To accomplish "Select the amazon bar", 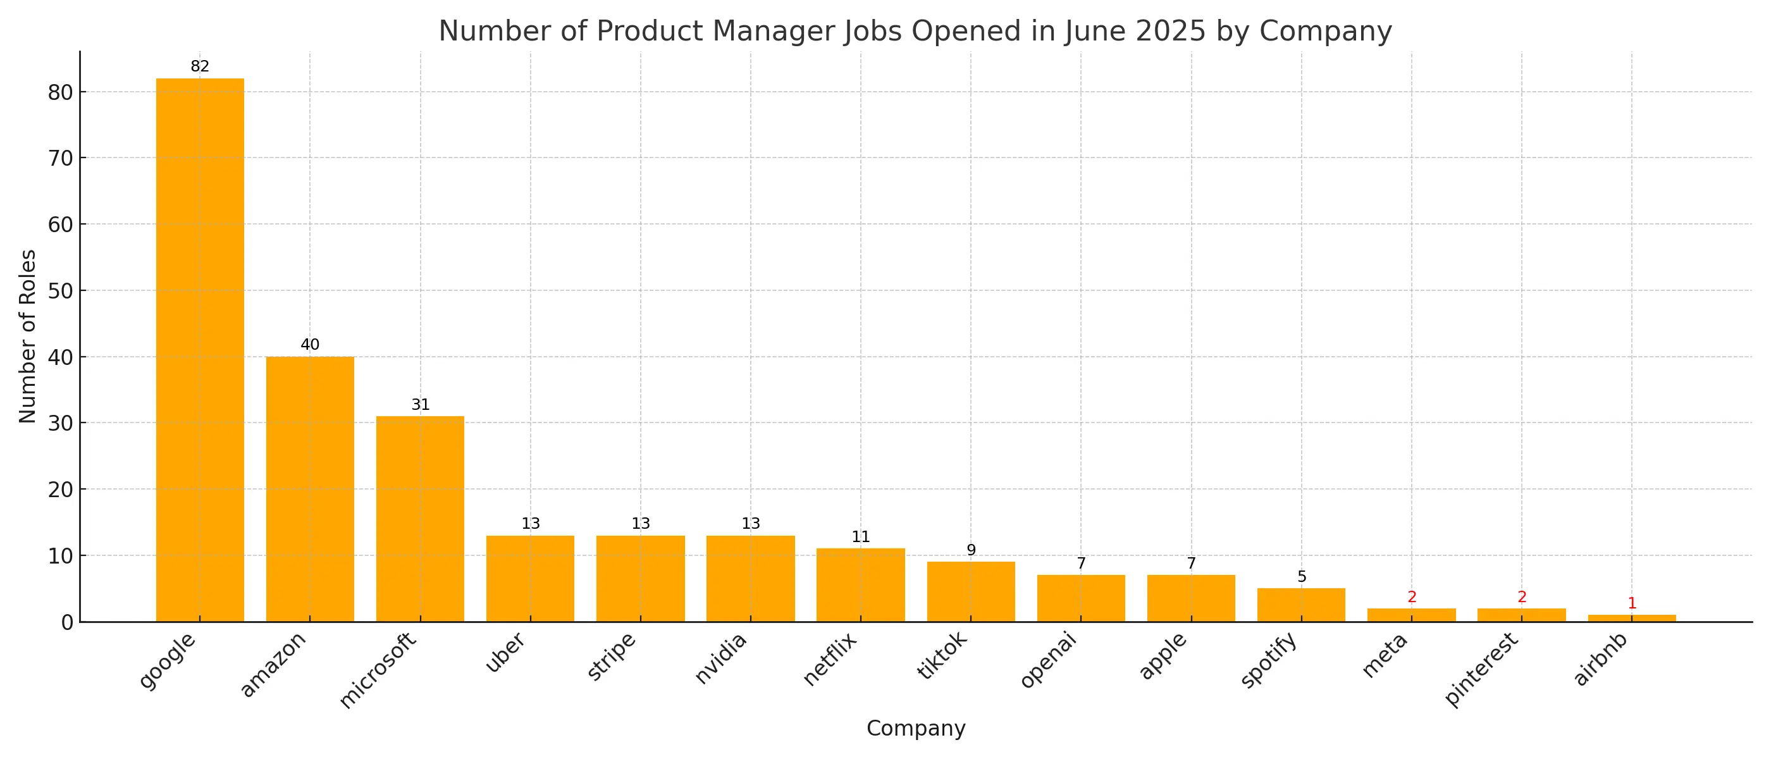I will tap(309, 489).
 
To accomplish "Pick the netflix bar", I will tap(860, 584).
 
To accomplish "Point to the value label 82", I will tap(199, 66).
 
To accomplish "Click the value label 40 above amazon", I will tap(309, 345).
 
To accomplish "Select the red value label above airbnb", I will tap(1631, 603).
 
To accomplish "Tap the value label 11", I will tap(860, 536).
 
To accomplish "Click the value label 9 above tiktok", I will tap(971, 549).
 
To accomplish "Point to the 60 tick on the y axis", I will tap(61, 224).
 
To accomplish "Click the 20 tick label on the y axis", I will tap(61, 490).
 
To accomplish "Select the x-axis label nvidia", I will tap(720, 658).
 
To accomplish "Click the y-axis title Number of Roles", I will tap(27, 336).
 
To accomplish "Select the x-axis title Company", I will tap(915, 728).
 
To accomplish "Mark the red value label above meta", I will tap(1412, 596).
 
